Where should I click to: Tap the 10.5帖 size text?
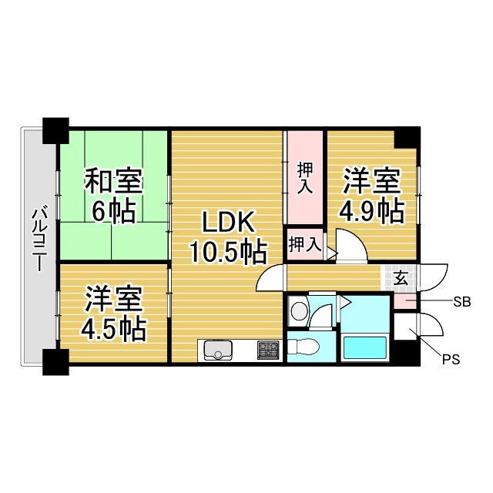point(229,252)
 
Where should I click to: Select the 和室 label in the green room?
point(113,181)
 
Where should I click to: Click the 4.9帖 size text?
point(371,212)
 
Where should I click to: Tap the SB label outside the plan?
point(462,302)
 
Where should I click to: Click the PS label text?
point(451,360)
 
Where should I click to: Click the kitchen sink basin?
point(218,350)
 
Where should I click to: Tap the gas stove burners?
point(269,350)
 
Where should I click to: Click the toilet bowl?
point(304,347)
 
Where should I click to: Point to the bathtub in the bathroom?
point(365,347)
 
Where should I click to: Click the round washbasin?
point(300,310)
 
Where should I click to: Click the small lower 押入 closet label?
point(305,245)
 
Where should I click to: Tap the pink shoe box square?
point(405,301)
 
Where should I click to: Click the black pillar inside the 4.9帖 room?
point(407,137)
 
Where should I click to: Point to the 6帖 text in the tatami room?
point(113,212)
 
